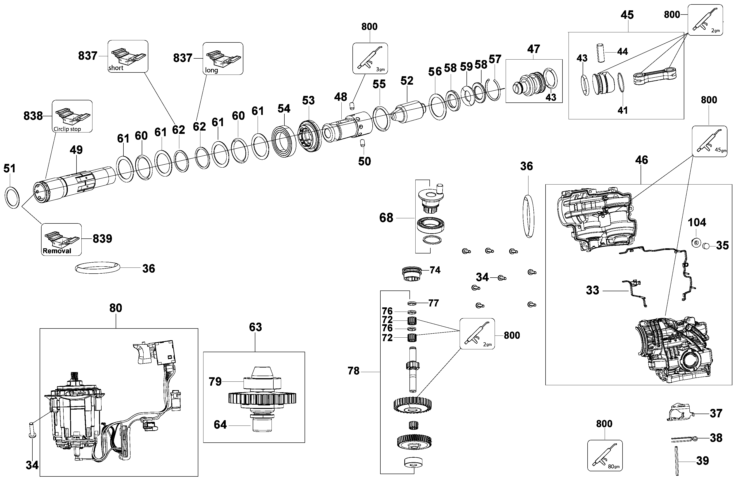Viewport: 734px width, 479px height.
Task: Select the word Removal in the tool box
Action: click(57, 251)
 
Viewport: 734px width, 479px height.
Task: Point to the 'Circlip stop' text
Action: click(67, 129)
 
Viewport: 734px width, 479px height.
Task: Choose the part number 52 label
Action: click(407, 81)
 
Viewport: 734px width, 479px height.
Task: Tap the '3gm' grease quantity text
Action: click(380, 70)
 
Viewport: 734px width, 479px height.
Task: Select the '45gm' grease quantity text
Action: click(720, 150)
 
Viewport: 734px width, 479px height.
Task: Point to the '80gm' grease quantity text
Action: click(613, 467)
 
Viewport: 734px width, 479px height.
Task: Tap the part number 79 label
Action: click(215, 382)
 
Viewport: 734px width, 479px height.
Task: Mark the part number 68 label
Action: click(386, 218)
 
